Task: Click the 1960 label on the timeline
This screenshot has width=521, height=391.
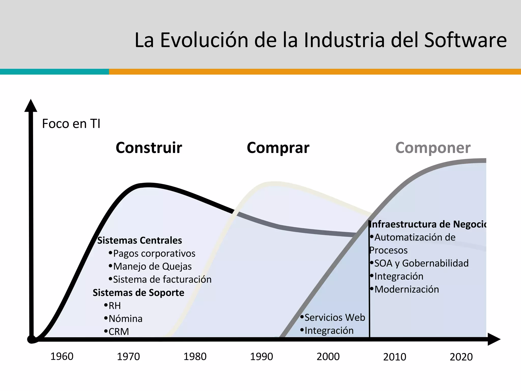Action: point(62,356)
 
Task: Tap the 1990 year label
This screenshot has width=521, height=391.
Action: point(262,356)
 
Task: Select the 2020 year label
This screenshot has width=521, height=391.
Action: point(461,357)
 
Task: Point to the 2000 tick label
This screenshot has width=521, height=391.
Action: point(328,356)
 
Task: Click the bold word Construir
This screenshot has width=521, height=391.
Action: point(149,148)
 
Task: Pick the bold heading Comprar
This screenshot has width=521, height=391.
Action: point(278,148)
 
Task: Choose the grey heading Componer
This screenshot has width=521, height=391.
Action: point(433,148)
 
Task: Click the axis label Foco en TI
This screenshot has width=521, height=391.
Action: point(71,124)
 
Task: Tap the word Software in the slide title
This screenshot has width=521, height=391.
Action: point(465,40)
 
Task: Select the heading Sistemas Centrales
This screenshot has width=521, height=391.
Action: point(140,240)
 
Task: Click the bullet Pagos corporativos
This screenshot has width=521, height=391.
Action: point(154,254)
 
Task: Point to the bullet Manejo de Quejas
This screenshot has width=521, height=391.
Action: point(152,267)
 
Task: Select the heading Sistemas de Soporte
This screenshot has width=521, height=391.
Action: point(138,293)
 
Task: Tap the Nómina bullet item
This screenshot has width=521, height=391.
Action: point(125,319)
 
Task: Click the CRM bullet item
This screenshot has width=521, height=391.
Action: point(119,332)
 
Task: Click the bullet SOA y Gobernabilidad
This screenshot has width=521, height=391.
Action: point(421,263)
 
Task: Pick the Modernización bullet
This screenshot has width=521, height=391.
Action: point(407,289)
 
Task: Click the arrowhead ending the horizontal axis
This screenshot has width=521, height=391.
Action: point(494,339)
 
